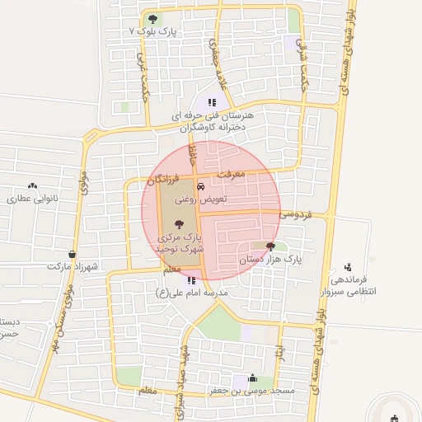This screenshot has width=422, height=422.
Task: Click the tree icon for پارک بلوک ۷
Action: (x=151, y=19)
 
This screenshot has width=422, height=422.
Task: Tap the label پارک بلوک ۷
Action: (x=154, y=30)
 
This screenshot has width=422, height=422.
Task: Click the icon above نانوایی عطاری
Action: (x=33, y=186)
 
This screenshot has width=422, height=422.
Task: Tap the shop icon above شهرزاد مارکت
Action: (x=73, y=254)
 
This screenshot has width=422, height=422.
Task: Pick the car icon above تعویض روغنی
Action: (x=200, y=186)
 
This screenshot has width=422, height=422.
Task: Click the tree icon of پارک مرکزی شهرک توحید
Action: (x=179, y=223)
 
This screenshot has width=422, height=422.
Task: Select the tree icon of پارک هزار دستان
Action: (x=270, y=246)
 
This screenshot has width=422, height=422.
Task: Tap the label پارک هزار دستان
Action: (x=271, y=259)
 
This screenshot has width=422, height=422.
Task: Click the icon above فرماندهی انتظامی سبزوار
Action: (x=349, y=267)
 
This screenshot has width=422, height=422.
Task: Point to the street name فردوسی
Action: (x=295, y=213)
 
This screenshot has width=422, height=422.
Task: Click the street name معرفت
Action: (x=232, y=175)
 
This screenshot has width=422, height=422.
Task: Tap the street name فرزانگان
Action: (x=164, y=178)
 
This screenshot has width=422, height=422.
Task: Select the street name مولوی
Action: (x=85, y=179)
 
